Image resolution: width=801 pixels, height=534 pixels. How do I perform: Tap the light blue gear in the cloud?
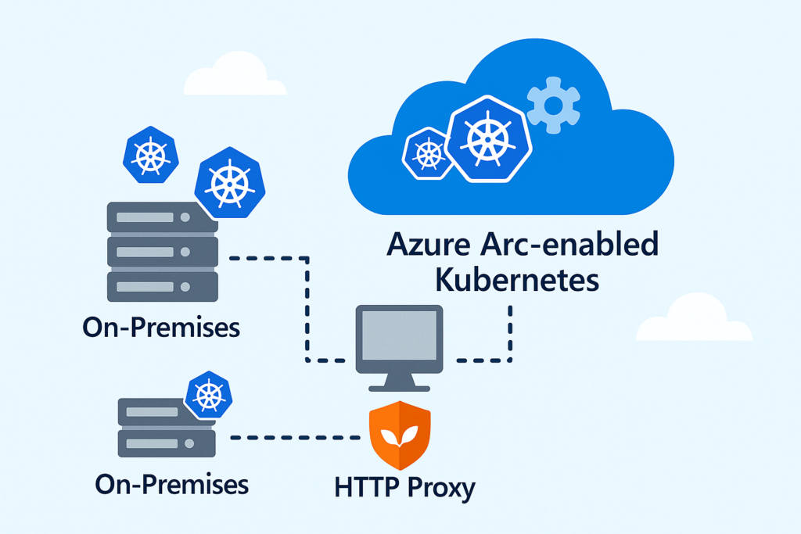click(x=554, y=105)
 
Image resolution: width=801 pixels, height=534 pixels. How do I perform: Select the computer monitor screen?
click(x=399, y=334)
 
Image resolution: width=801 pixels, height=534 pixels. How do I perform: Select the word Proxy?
click(x=440, y=489)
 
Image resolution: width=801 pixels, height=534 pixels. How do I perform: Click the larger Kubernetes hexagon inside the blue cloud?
click(x=489, y=138)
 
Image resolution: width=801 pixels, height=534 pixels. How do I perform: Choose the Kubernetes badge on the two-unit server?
click(x=209, y=395)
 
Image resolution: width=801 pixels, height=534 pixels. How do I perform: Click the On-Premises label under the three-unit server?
click(x=160, y=327)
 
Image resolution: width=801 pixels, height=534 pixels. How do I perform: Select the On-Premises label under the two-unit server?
click(x=171, y=483)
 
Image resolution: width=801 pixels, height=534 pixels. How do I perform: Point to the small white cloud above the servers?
click(x=233, y=77)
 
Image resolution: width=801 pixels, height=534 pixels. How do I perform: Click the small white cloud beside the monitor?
click(x=693, y=321)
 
